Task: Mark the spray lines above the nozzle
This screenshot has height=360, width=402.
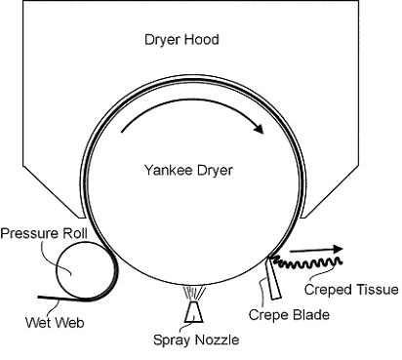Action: click(x=196, y=291)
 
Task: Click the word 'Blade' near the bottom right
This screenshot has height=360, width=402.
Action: click(x=312, y=315)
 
